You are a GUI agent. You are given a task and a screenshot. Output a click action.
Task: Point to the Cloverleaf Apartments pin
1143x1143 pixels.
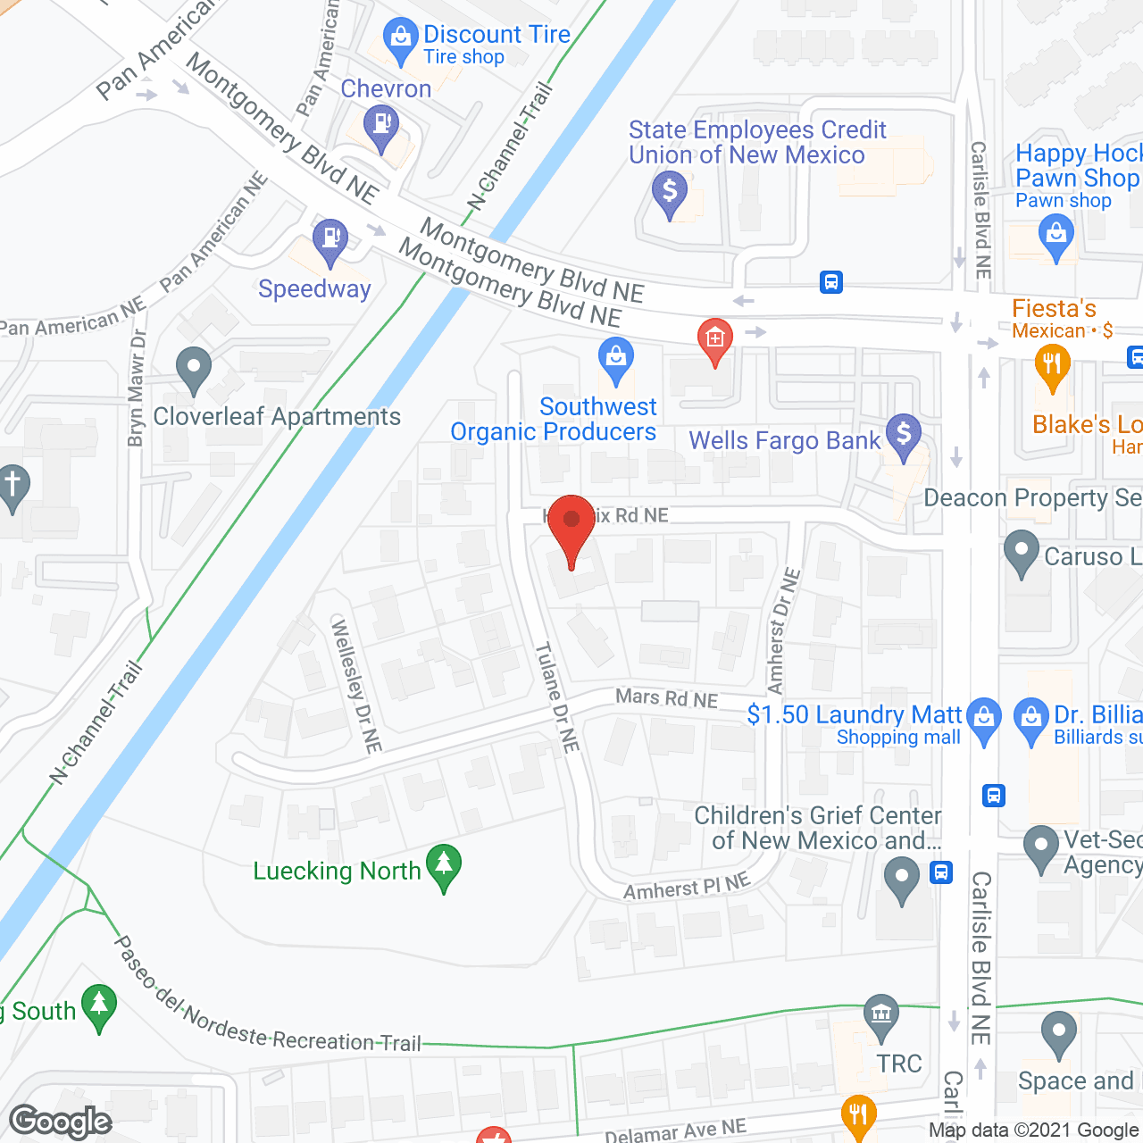(x=194, y=368)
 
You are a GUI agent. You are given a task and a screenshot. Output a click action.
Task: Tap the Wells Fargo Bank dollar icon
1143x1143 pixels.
(x=904, y=436)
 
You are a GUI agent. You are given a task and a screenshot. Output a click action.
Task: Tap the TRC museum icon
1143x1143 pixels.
(x=881, y=1015)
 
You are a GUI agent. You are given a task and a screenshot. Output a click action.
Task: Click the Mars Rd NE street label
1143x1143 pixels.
(x=666, y=698)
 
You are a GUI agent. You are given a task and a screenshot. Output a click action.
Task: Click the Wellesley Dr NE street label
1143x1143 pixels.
(x=356, y=684)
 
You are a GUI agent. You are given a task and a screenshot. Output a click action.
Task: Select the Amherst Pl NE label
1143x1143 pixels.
(x=686, y=888)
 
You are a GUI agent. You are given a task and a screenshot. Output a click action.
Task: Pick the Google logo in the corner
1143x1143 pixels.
(x=61, y=1122)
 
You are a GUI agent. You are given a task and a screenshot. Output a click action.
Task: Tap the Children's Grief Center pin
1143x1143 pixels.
(x=901, y=878)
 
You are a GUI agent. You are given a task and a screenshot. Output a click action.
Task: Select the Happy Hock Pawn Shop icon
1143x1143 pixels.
(x=1056, y=237)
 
